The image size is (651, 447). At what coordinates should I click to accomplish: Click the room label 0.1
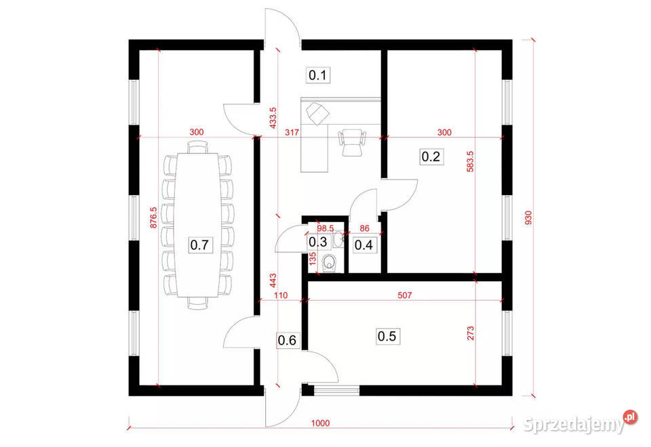(319, 75)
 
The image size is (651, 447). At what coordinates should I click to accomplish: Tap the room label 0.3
(318, 242)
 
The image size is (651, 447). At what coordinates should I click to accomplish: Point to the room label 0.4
(364, 244)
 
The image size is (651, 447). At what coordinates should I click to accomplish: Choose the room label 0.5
(387, 335)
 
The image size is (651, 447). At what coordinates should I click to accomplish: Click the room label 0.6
(287, 341)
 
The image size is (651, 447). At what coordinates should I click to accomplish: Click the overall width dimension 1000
(320, 423)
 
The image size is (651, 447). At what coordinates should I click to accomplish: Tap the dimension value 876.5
(154, 219)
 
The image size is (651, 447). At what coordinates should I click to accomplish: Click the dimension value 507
(405, 295)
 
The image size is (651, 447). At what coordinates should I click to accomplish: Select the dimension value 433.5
(273, 117)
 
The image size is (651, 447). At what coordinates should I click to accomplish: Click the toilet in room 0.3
(329, 263)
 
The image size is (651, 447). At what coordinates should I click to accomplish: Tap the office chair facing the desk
(351, 142)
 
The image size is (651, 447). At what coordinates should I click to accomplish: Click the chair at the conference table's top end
(197, 146)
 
